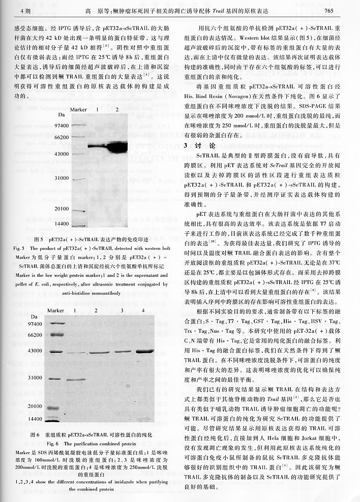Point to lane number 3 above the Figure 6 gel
pyautogui.click(x=122, y=310)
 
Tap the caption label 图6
pyautogui.click(x=35, y=435)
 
